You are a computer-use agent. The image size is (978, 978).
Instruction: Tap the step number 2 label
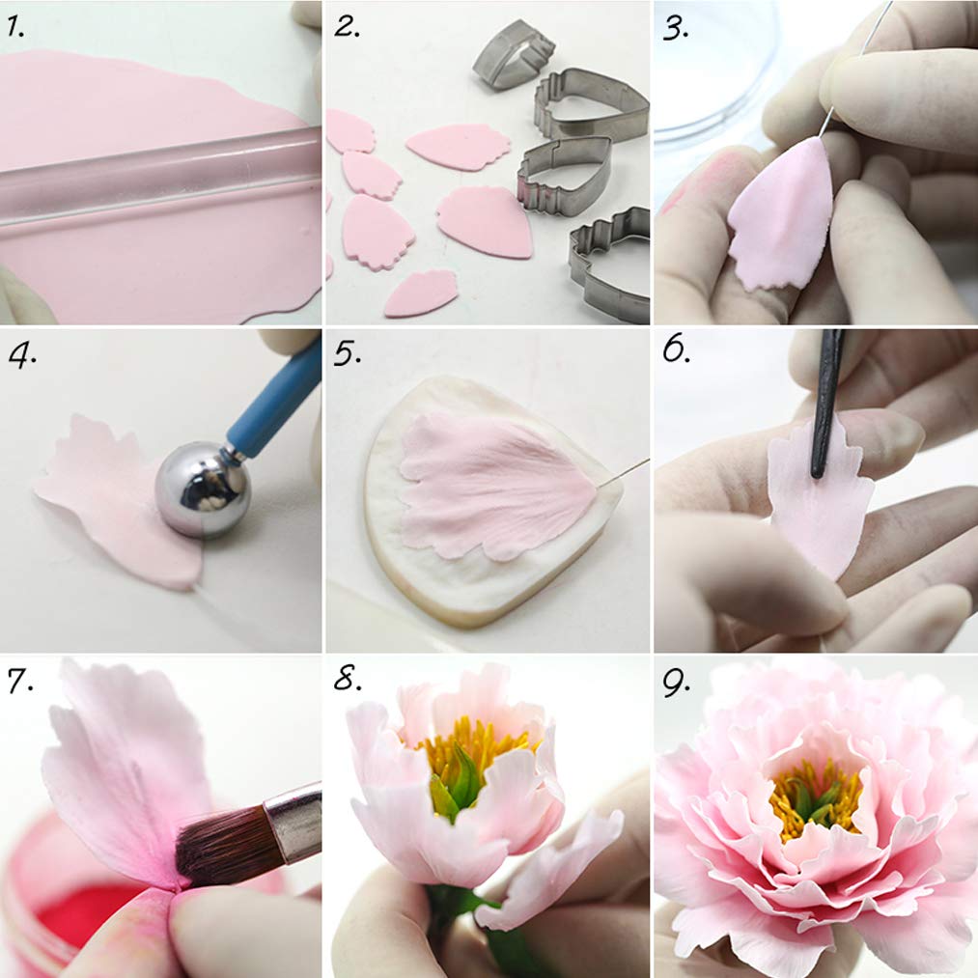(x=347, y=26)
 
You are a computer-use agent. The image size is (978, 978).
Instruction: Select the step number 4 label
(x=20, y=356)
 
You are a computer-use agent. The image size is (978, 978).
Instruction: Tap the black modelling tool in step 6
(x=826, y=405)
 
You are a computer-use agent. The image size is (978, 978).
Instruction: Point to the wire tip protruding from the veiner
(x=628, y=470)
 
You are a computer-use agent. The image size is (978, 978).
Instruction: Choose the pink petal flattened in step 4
(x=106, y=502)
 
